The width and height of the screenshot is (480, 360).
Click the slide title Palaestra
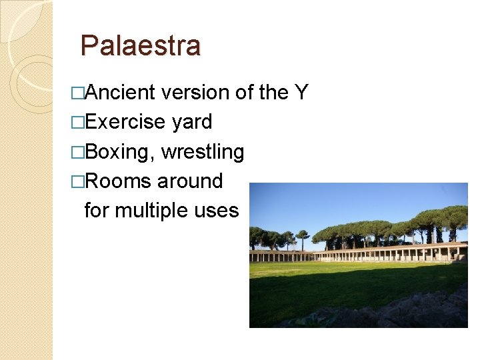140,46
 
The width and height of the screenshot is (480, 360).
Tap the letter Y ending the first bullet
301,93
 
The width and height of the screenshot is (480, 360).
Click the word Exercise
125,122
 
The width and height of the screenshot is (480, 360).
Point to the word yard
191,123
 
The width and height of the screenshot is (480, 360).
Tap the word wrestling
203,152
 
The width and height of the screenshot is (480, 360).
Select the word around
190,181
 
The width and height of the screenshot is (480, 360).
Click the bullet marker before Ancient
79,93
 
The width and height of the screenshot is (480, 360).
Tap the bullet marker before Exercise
79,123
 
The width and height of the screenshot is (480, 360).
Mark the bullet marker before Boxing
79,152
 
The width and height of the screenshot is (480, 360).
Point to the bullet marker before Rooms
79,181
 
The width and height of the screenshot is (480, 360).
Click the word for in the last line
97,211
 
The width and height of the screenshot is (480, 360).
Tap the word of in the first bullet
244,93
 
